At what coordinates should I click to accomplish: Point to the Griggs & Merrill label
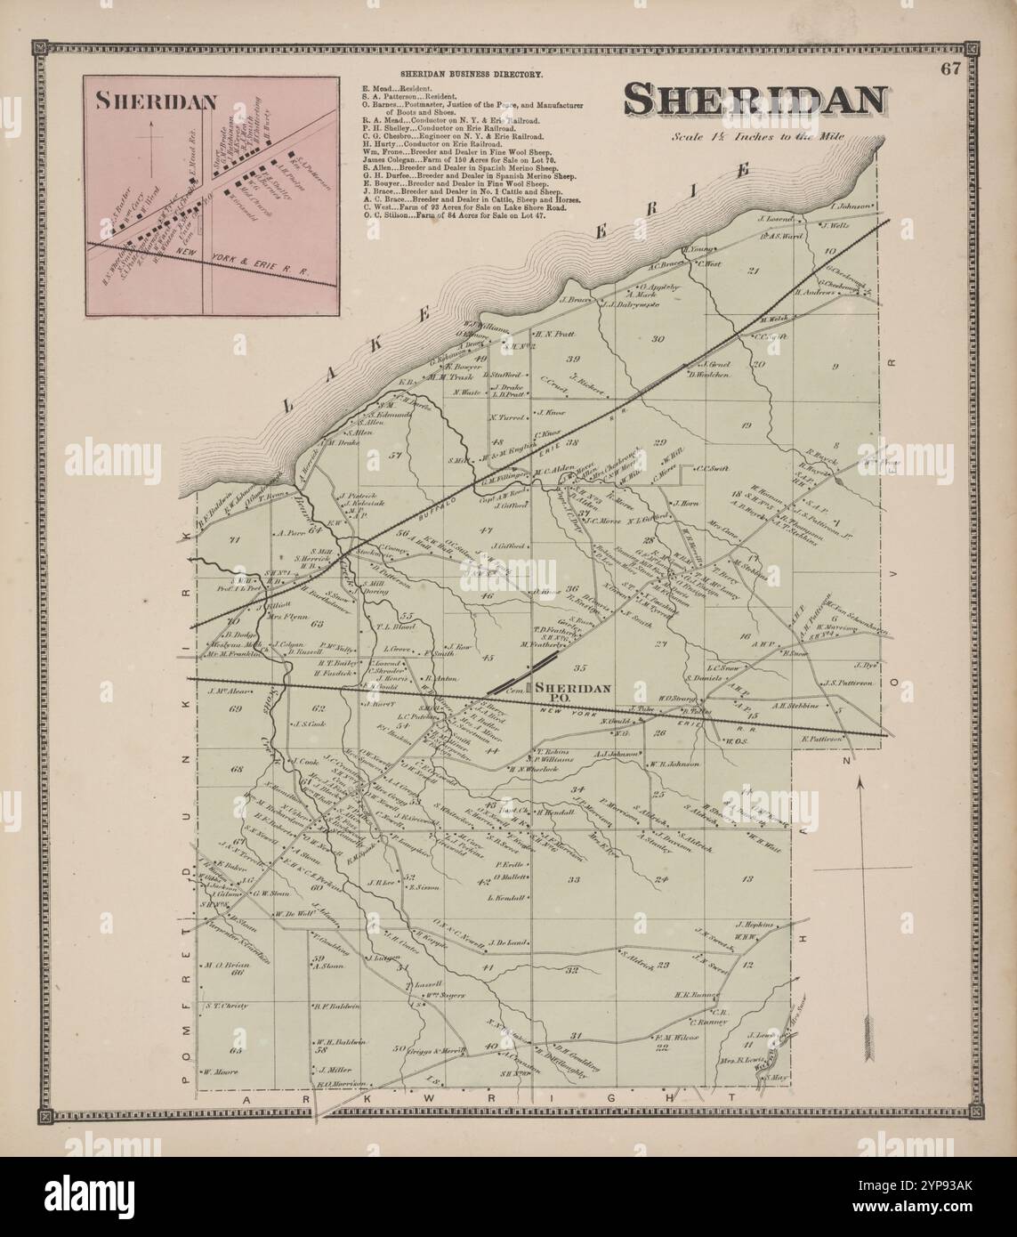pyautogui.click(x=439, y=1051)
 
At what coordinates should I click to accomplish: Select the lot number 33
pyautogui.click(x=573, y=880)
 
